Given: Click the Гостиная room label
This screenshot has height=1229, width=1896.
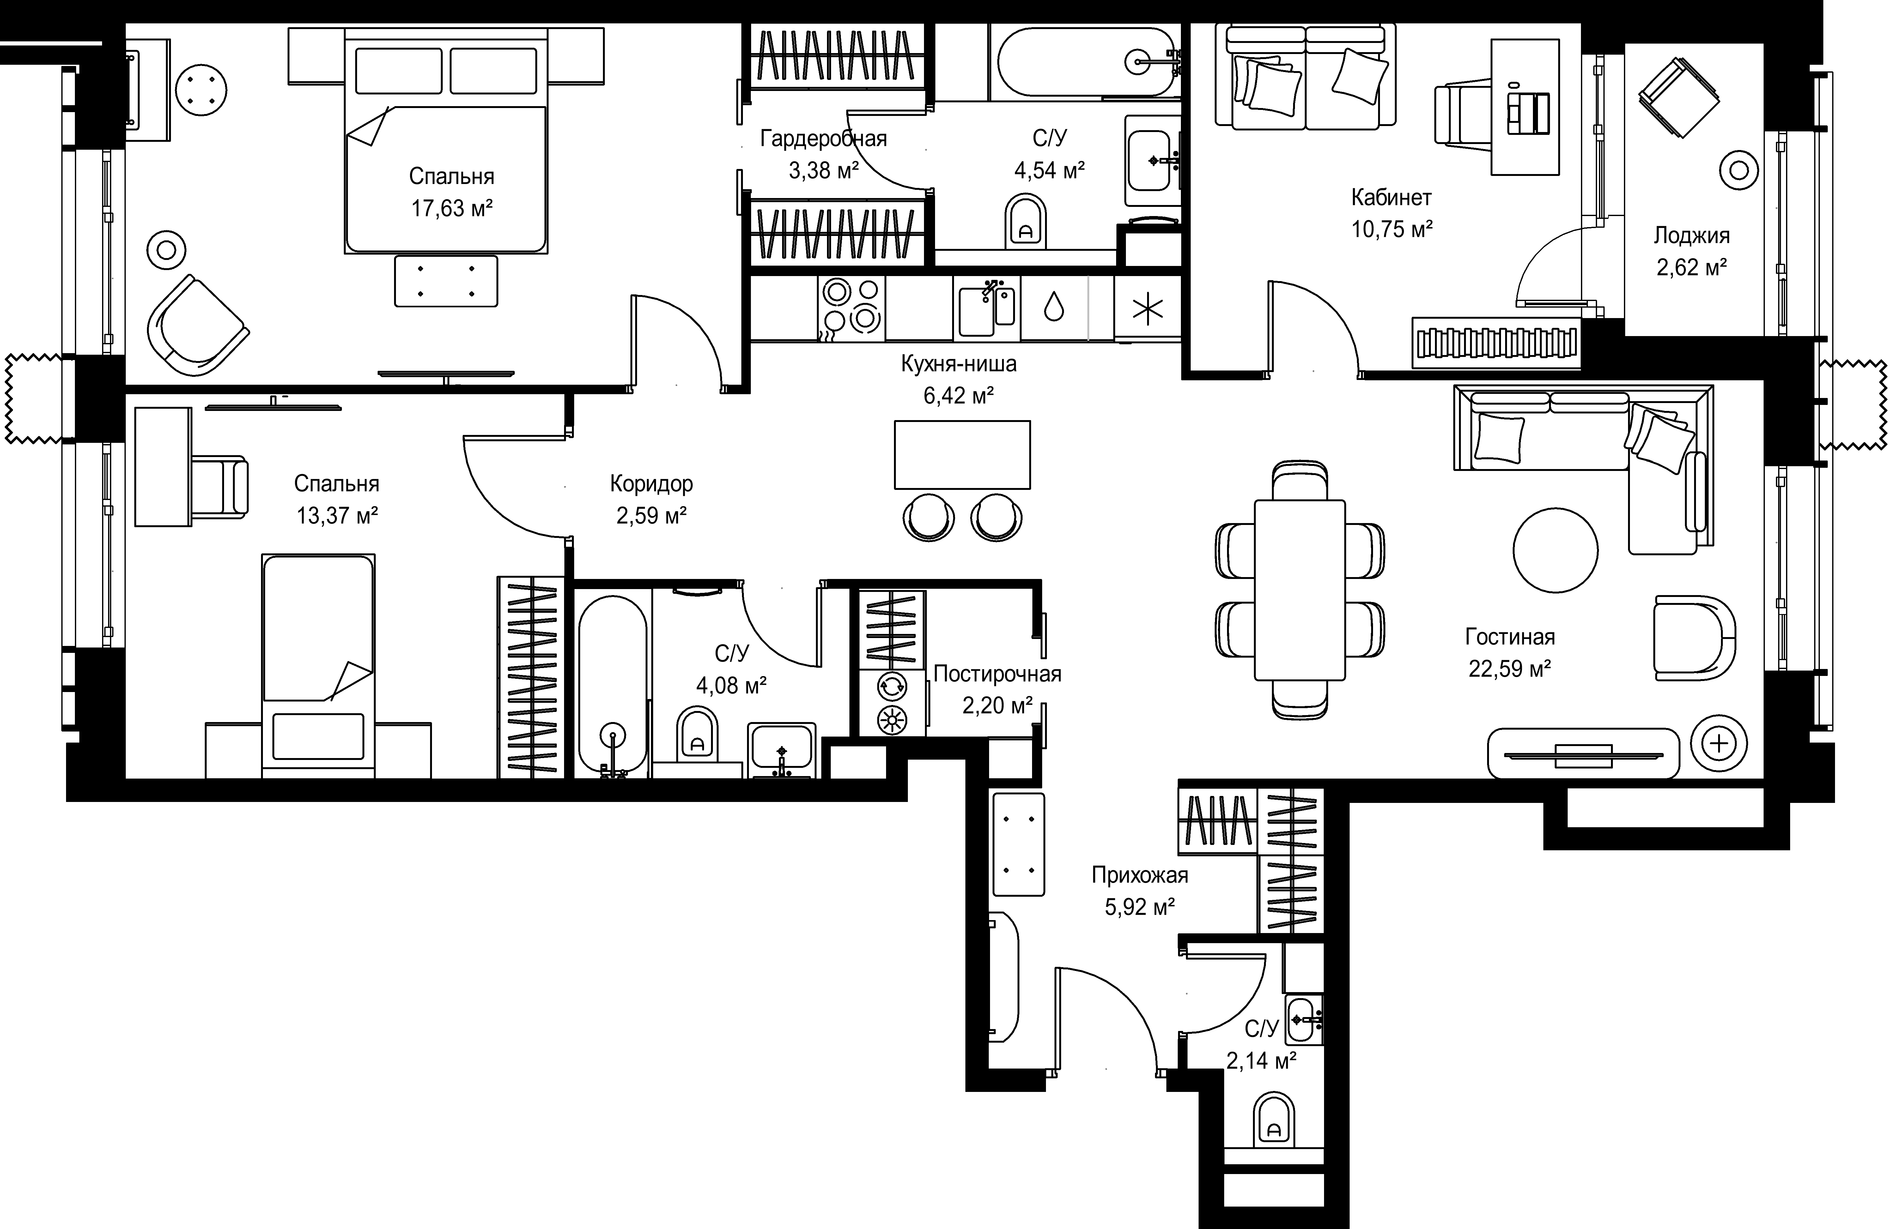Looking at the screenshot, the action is [x=1510, y=637].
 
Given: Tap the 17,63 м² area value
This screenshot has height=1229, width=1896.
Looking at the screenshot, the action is [x=452, y=209].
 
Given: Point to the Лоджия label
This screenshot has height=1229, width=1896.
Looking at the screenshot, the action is [x=1691, y=236].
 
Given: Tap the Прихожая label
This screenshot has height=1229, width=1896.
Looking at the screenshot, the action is [x=1140, y=875].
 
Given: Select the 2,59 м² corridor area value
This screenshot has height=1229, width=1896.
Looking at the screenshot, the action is [x=652, y=516].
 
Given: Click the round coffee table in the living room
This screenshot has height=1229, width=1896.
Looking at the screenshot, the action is [x=1555, y=551].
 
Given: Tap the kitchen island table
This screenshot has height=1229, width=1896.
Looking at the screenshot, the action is [x=962, y=455].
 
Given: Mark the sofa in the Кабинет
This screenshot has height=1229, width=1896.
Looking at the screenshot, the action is [x=1306, y=76].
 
